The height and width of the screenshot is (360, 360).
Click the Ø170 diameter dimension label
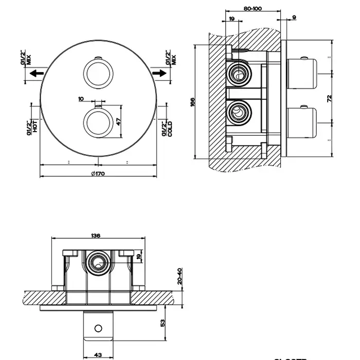[x=97, y=174]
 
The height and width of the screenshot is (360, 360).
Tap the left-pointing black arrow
[x=36, y=74]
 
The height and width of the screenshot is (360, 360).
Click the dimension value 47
[x=118, y=122]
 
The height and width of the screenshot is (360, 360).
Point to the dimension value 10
[x=81, y=98]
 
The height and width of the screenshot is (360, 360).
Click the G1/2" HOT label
[x=32, y=125]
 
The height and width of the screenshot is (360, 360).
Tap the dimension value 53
[x=163, y=322]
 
